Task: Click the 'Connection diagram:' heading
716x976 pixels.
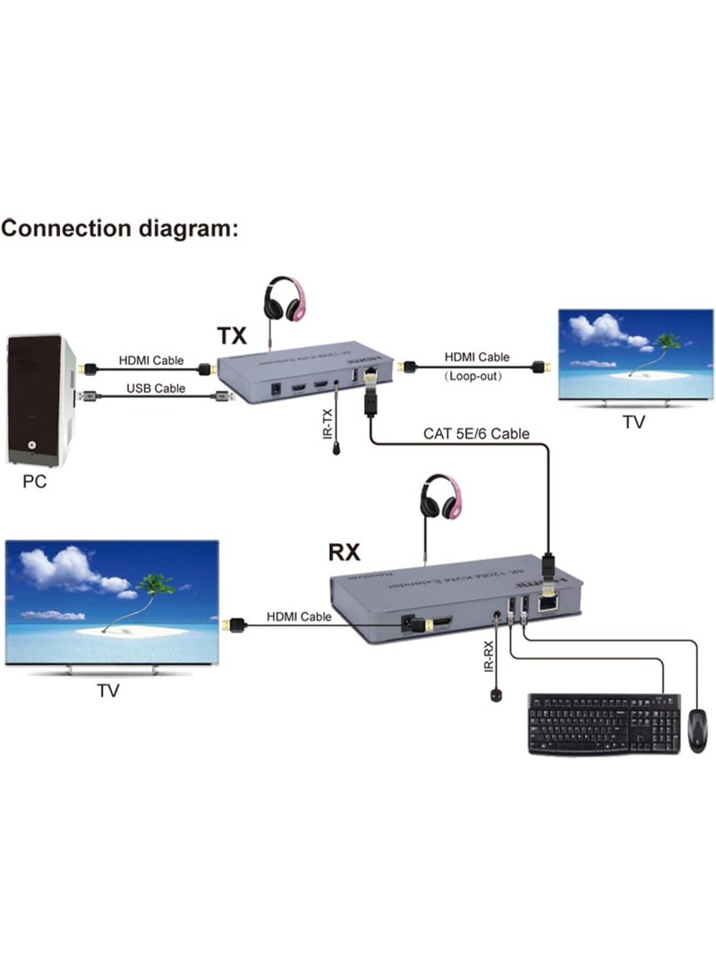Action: click(120, 228)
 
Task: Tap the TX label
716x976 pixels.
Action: click(232, 336)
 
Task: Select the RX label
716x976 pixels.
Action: click(344, 551)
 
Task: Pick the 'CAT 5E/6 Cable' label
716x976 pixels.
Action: click(476, 434)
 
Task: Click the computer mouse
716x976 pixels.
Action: click(696, 728)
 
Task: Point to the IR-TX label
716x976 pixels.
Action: click(328, 420)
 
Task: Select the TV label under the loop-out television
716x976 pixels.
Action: click(633, 422)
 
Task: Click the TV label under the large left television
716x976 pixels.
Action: click(107, 691)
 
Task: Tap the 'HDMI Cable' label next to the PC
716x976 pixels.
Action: click(151, 361)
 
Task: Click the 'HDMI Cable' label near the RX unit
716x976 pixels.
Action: click(298, 616)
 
